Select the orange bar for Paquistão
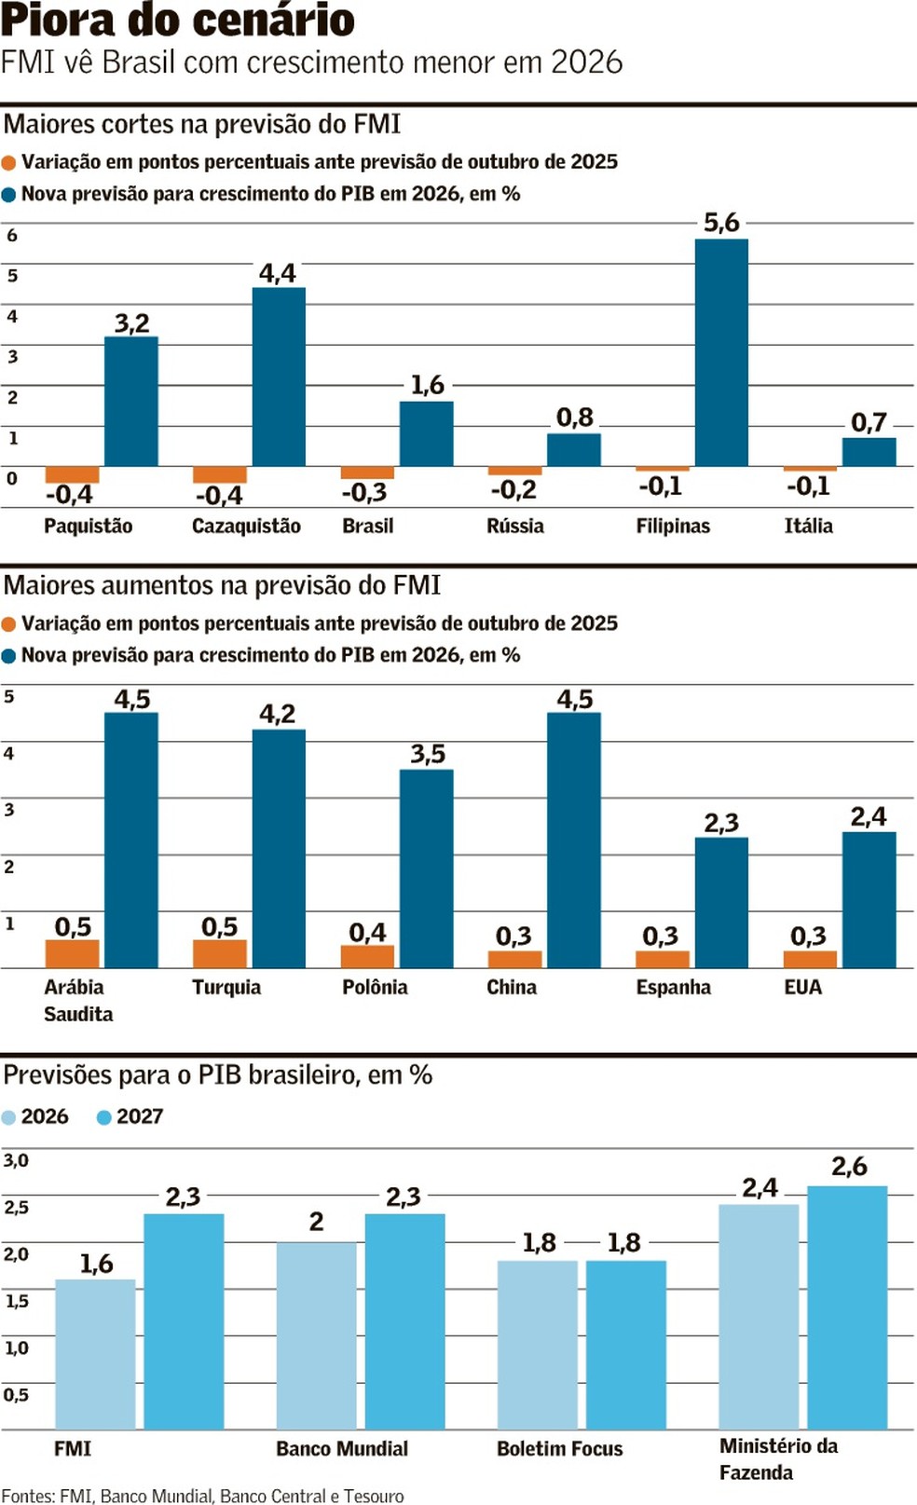coord(72,474)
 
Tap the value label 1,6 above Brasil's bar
coord(428,385)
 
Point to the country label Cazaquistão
coord(246,526)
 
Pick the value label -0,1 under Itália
coord(807,486)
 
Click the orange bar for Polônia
coord(367,956)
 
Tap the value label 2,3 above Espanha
coord(721,823)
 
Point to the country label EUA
coord(802,987)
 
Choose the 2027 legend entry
coord(130,1116)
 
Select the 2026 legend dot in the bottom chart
coord(9,1117)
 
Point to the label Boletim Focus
coord(559,1448)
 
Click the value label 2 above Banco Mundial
coord(317,1222)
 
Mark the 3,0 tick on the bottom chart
coord(16,1160)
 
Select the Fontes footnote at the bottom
coord(202,1496)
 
